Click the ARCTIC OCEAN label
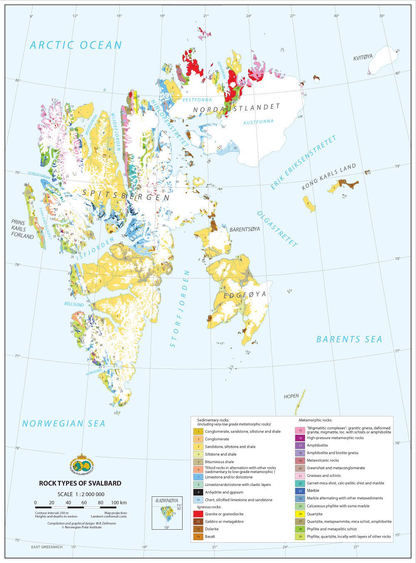coord(76,45)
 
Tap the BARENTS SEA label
coord(349,339)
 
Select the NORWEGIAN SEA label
coord(64,423)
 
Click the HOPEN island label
coord(291,396)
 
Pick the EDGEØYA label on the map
coord(245,296)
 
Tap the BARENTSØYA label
coord(245,229)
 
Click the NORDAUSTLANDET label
coord(237,108)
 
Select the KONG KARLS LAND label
coord(329,177)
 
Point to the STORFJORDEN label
coord(180,309)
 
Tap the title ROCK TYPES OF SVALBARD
coord(80,483)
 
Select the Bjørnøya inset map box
coord(167,513)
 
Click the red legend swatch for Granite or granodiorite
coord(198,514)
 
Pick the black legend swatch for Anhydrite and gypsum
coord(198,492)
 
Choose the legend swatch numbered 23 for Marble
coord(300,491)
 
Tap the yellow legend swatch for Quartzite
coord(300,514)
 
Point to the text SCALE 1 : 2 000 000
coord(81,494)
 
